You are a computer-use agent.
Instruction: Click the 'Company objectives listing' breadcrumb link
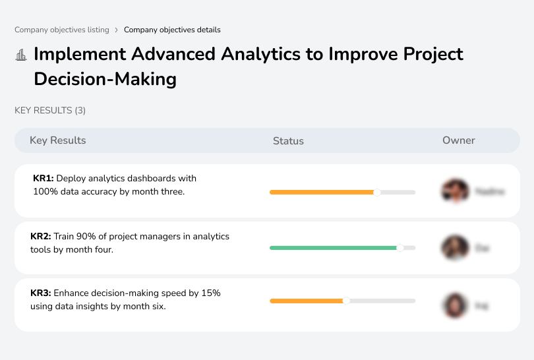pyautogui.click(x=62, y=30)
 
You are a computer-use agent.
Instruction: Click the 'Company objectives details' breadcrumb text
pyautogui.click(x=172, y=30)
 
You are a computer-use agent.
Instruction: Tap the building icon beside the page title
pyautogui.click(x=21, y=55)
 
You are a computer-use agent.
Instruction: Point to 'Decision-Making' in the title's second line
pyautogui.click(x=105, y=79)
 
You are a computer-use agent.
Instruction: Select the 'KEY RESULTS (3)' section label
pyautogui.click(x=50, y=111)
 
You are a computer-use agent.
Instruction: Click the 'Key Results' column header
pyautogui.click(x=57, y=140)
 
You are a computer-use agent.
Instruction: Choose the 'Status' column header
pyautogui.click(x=288, y=140)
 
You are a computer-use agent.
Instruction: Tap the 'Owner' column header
pyautogui.click(x=459, y=140)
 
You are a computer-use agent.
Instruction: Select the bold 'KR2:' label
pyautogui.click(x=41, y=236)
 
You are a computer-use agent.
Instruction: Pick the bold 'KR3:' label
pyautogui.click(x=41, y=293)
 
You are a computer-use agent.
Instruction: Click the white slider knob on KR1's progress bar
pyautogui.click(x=377, y=193)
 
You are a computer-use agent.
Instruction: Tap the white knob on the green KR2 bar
pyautogui.click(x=400, y=248)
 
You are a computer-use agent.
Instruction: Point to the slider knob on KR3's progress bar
pyautogui.click(x=346, y=301)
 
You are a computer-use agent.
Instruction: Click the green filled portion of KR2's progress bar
pyautogui.click(x=333, y=248)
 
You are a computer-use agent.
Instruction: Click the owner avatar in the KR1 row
pyautogui.click(x=455, y=191)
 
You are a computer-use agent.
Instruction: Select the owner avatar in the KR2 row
pyautogui.click(x=455, y=248)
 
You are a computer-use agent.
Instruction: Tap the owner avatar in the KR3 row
pyautogui.click(x=455, y=305)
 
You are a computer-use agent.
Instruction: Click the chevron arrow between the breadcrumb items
pyautogui.click(x=117, y=30)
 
